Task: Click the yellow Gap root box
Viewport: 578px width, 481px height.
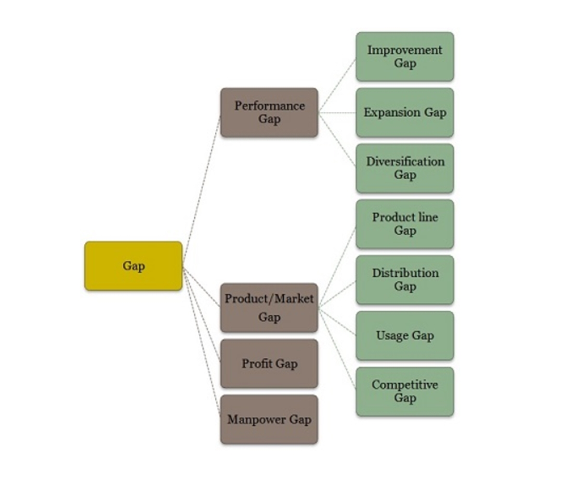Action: coord(133,266)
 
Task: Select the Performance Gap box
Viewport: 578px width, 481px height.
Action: coord(269,112)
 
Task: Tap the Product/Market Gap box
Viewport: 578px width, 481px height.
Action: coord(269,307)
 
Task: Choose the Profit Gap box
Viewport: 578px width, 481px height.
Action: coord(269,363)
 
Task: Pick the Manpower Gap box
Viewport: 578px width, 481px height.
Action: coord(269,419)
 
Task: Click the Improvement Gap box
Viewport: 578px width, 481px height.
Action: coord(405,56)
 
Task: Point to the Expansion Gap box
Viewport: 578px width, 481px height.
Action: coord(405,112)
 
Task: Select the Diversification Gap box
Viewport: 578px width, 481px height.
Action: coord(405,168)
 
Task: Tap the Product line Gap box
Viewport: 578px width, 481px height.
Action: coord(405,224)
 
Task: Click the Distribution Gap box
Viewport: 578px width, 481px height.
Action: coord(405,280)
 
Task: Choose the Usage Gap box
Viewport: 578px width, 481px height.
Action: coord(405,335)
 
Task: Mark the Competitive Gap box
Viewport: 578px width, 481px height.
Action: coord(405,391)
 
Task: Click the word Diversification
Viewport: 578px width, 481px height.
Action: coord(405,161)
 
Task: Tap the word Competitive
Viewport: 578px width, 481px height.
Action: coord(405,385)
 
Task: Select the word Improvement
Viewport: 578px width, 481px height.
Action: coord(405,50)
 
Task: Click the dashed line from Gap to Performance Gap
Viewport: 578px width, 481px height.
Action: coord(201,190)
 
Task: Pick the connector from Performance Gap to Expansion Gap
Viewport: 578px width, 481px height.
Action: coord(337,113)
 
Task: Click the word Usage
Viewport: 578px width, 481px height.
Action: coord(391,336)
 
